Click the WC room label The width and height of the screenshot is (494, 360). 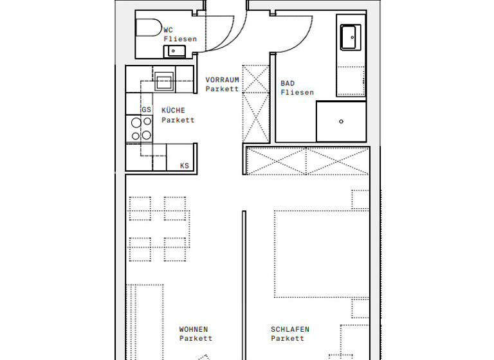(168, 30)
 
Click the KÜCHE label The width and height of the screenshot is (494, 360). (173, 111)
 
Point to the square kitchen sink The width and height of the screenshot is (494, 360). (163, 82)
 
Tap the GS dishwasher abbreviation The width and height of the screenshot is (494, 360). (146, 110)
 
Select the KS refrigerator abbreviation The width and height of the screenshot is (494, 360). (185, 166)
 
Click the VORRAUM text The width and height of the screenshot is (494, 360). (222, 80)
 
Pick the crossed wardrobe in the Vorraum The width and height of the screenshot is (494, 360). (255, 103)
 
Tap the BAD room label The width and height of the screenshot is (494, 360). (288, 84)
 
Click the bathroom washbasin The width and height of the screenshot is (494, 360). (351, 37)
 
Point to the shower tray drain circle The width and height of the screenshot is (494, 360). (342, 122)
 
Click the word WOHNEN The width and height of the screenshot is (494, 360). (193, 329)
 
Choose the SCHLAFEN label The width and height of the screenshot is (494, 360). (289, 329)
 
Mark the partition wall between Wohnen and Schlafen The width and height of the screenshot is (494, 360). (244, 283)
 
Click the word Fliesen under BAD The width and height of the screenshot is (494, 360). (297, 93)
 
